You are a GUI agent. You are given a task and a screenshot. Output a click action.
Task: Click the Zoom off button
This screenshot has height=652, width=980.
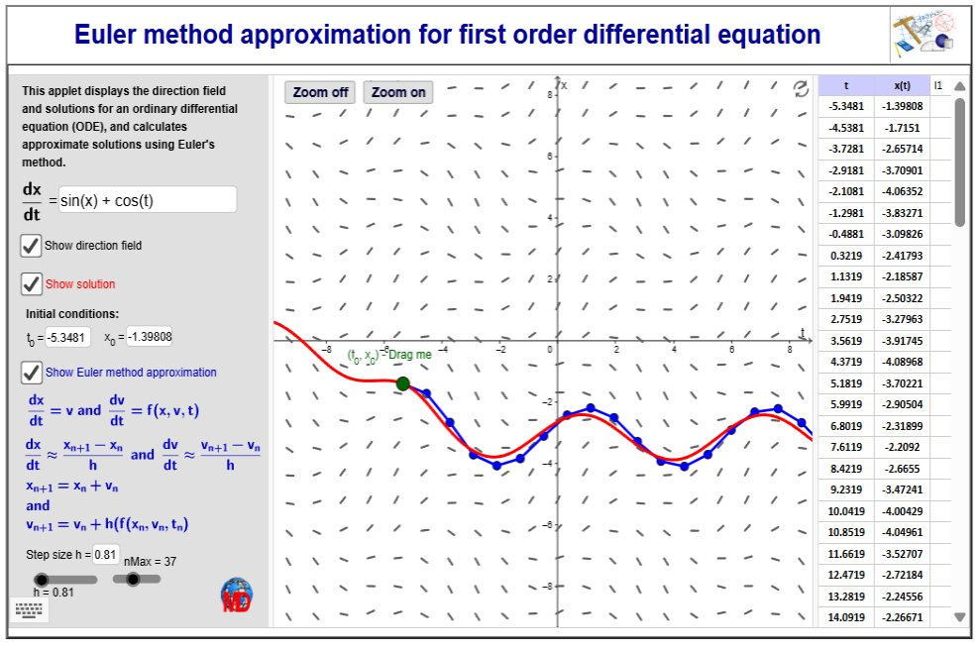pos(320,92)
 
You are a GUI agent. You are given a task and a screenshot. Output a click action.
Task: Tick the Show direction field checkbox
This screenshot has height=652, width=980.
pos(32,246)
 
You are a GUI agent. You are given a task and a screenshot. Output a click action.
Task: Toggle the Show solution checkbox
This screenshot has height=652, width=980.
pos(32,283)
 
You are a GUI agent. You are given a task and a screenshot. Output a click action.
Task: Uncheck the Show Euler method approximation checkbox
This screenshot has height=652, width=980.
pos(32,373)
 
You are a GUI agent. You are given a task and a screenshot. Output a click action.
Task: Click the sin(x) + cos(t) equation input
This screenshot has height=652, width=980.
pos(148,200)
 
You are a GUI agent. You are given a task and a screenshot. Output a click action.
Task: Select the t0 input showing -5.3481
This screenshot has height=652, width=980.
pos(67,338)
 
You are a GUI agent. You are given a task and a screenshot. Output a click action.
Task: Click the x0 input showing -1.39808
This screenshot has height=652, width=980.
pos(150,337)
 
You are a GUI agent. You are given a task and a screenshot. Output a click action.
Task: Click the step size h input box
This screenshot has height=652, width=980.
pos(106,555)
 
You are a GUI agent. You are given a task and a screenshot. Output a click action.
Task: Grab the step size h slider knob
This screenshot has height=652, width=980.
pos(42,580)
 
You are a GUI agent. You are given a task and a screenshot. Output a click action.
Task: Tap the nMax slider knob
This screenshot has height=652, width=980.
pos(133,580)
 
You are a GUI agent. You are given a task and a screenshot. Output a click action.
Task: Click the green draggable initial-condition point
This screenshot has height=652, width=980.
pos(403,383)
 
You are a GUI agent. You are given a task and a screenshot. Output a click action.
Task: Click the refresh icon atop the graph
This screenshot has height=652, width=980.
pos(801,89)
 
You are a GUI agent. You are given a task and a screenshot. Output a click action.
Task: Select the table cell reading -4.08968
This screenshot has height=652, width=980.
pos(902,362)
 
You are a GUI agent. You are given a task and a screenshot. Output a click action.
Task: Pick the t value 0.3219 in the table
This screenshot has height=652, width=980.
pos(846,256)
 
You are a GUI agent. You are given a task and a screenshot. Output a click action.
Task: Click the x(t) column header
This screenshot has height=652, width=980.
pos(902,85)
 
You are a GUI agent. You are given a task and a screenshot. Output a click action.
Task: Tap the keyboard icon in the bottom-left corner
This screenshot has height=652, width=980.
pos(30,610)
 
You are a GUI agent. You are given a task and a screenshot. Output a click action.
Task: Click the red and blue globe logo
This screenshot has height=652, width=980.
pos(237,596)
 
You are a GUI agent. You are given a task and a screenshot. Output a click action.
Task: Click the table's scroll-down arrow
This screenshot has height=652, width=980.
pos(960,617)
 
